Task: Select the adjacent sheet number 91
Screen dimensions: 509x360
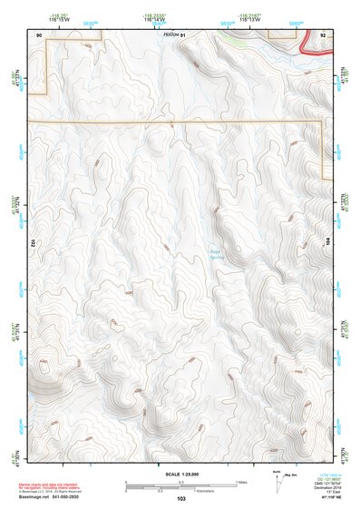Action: [x=182, y=34]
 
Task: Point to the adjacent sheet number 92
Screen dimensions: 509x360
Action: [x=323, y=34]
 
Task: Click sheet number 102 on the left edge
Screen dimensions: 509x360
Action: [x=31, y=243]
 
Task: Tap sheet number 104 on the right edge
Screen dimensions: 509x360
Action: [x=329, y=243]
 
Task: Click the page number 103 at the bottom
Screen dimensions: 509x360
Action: [x=181, y=499]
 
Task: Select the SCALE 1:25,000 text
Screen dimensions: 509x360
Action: [x=180, y=474]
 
